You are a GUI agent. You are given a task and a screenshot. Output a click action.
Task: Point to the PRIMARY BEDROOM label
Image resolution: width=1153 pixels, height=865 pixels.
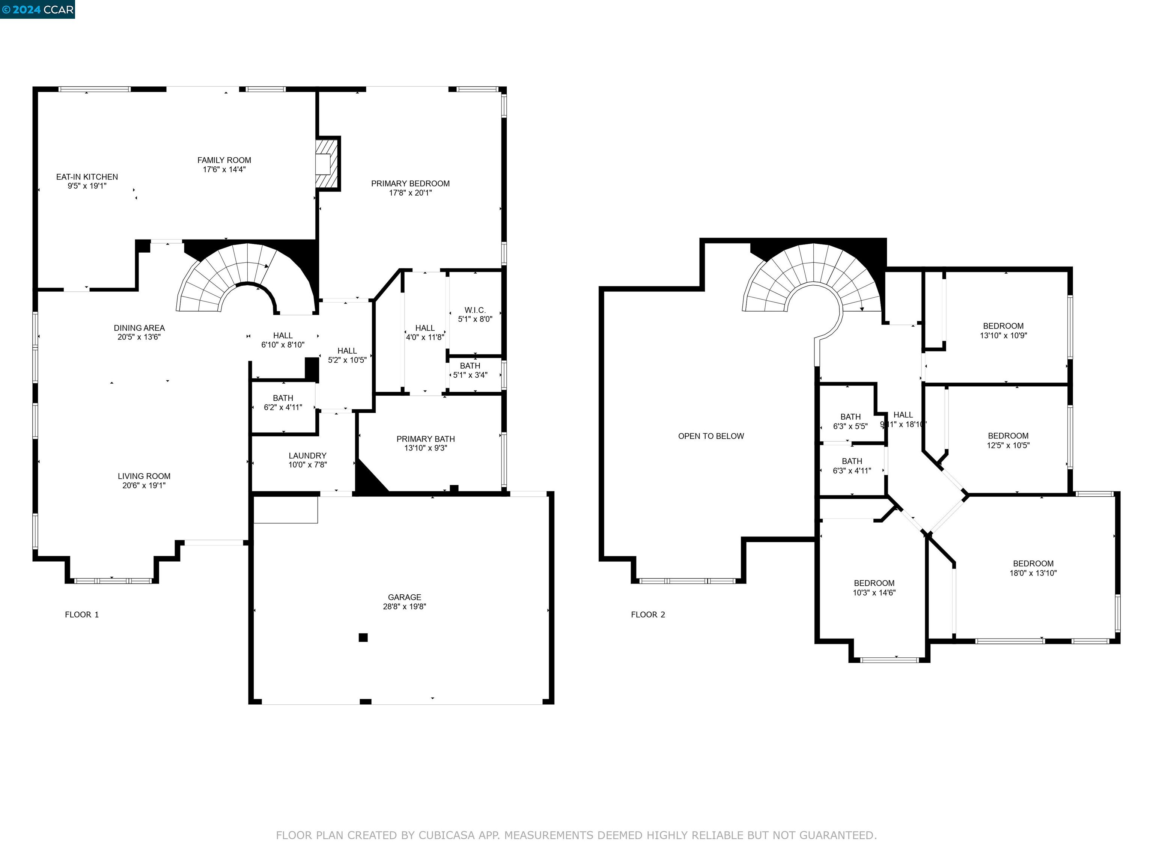pos(410,184)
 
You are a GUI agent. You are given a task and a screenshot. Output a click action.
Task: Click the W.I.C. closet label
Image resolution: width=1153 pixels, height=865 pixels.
pos(475,310)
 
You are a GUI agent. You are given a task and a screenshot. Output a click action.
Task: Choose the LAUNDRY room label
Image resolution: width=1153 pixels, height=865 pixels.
pos(307,456)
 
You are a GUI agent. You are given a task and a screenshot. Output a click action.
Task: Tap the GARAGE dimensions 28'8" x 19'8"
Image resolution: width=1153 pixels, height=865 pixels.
pos(405,606)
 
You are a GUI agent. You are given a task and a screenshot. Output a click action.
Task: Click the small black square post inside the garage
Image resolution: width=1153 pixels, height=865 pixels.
pos(363,637)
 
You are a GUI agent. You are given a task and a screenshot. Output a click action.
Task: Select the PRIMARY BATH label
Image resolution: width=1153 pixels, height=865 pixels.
pos(425,439)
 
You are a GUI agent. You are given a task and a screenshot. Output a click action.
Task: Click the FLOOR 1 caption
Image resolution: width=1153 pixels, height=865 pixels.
pos(82,615)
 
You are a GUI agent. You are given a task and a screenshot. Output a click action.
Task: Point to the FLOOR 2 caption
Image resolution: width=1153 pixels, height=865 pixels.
pos(648,615)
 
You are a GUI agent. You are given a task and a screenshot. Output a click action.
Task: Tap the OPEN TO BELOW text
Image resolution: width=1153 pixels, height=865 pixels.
pos(711,436)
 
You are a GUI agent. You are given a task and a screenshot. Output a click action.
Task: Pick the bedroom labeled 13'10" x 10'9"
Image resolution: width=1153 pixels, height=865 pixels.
pos(1003,330)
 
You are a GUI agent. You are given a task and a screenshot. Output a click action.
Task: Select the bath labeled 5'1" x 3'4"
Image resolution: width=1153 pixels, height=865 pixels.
pos(470,370)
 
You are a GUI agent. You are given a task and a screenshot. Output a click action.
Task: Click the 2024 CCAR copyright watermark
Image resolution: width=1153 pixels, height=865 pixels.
pos(38,9)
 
